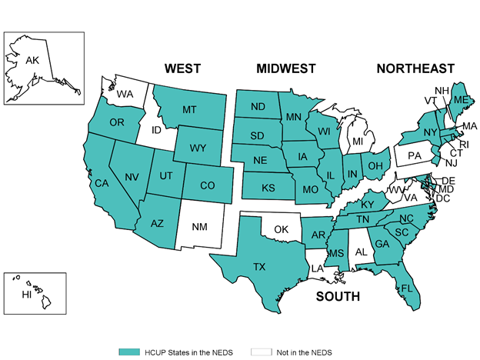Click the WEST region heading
[x=182, y=69]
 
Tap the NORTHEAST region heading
[x=415, y=69]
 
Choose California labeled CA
[x=100, y=183]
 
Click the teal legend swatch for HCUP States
[x=128, y=352]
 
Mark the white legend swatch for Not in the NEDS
[x=262, y=352]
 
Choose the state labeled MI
[x=358, y=142]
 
